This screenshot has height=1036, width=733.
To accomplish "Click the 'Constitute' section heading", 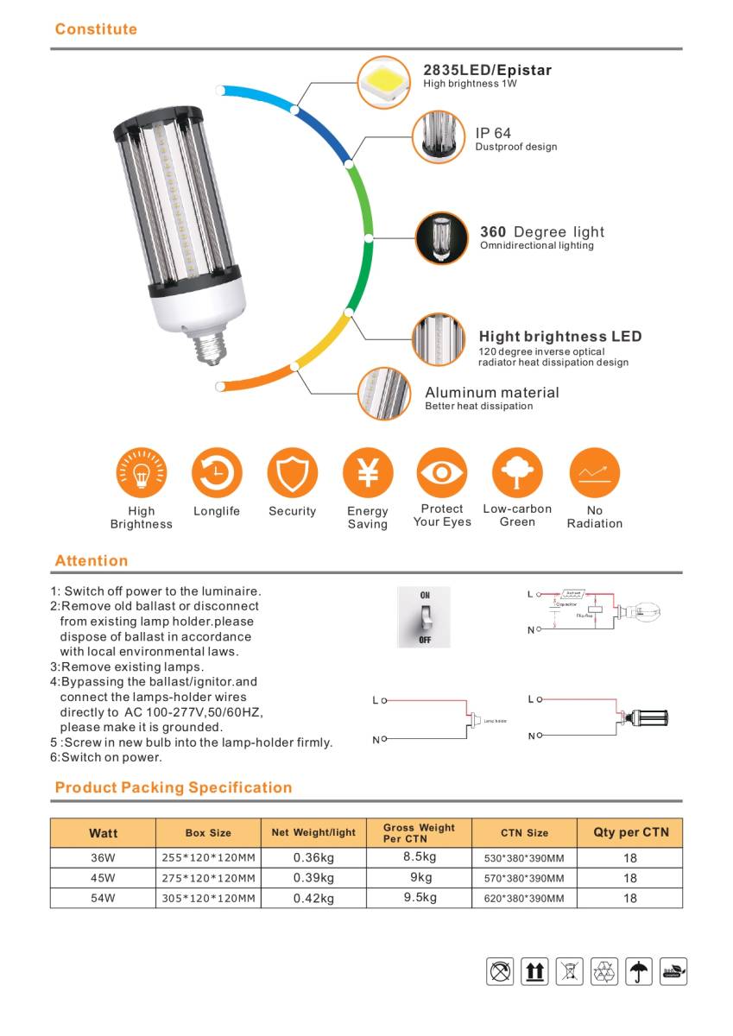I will pos(96,29).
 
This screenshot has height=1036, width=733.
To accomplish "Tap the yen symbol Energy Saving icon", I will pos(368,472).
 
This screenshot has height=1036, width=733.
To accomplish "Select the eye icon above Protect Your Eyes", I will pos(442,472).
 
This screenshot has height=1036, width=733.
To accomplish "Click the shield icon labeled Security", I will pos(293,472).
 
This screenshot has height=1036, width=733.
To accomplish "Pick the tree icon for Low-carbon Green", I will pos(517,472).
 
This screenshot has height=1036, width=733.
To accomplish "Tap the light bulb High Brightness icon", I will pos(141,472).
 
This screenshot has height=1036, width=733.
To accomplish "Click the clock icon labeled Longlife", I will pos(217,472).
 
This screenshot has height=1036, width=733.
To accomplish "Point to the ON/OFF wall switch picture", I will pos(424,617).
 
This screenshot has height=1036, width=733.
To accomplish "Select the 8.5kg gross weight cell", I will pos(420,857).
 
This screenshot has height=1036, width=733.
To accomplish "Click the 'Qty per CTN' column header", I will pos(630,832).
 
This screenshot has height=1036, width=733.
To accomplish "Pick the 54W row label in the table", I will pos(103,898).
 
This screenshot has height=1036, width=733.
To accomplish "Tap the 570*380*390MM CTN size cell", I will pos(524,878).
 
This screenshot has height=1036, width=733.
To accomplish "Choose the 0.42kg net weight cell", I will pos(313,898).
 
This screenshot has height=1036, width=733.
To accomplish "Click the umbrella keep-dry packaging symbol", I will pos(639,971).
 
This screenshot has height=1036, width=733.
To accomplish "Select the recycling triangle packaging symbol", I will pos(604,971).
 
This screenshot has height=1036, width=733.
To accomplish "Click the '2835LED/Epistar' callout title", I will pos(487,70).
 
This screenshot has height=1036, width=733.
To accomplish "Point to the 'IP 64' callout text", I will pos(493,133).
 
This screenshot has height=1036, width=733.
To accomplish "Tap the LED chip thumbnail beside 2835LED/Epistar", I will pos(384,82).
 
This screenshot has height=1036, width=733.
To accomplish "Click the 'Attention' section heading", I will pos(91,560).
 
